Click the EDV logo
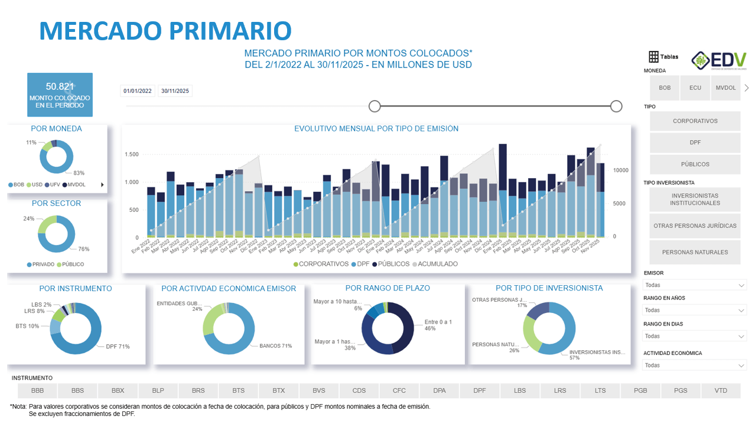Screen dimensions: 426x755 (718, 60)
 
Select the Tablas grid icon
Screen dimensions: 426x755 (653, 57)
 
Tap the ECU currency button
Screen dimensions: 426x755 (695, 88)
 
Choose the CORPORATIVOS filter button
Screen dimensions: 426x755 (695, 121)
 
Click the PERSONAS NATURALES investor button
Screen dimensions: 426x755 (695, 252)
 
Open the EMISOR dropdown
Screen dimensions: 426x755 (695, 285)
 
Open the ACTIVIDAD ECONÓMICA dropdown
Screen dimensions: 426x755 (695, 365)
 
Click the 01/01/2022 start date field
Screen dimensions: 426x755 (138, 91)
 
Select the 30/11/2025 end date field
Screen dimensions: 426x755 (175, 91)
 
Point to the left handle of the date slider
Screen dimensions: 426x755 (375, 106)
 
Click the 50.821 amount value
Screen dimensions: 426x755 (60, 86)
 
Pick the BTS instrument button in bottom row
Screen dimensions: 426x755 (238, 390)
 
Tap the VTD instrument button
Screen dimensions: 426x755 (721, 390)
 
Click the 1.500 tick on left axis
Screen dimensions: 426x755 (131, 154)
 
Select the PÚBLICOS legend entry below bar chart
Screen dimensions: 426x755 (390, 264)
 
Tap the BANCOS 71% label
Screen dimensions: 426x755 (275, 346)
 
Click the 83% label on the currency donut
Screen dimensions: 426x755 (79, 173)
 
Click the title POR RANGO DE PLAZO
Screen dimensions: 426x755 (388, 288)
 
